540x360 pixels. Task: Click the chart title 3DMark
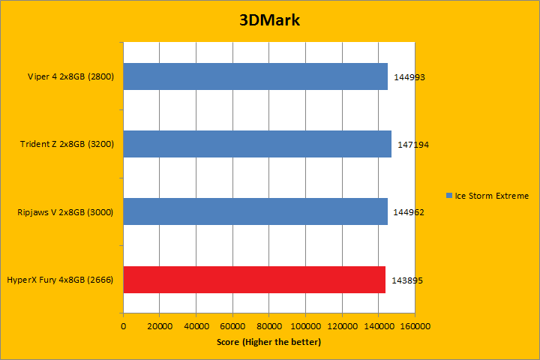pos(270,20)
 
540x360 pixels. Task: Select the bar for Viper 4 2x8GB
pos(255,76)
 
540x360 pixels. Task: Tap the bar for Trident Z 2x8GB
pos(257,144)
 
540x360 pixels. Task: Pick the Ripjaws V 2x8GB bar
pos(255,211)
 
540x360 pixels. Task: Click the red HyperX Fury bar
pos(254,280)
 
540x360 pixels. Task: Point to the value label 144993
pos(409,77)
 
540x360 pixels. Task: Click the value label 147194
pos(413,145)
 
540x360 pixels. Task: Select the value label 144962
pos(409,212)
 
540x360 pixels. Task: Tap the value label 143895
pos(407,280)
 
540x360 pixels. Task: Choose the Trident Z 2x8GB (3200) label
pos(66,144)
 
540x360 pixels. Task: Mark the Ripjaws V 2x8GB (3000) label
pos(65,212)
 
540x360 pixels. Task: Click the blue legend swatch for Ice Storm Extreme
pos(448,196)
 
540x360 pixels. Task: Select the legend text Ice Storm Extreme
pos(491,196)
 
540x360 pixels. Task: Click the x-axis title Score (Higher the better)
pos(269,342)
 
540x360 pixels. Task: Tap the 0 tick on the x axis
pos(123,327)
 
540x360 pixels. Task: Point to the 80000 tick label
pos(269,327)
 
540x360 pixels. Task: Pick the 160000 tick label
pos(415,327)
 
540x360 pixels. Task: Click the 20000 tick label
pos(160,327)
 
